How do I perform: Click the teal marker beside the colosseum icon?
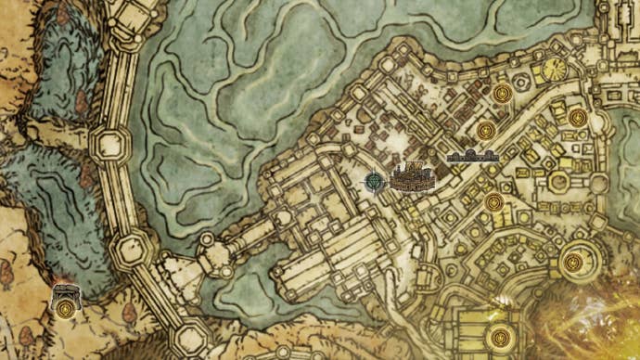pos(374,181)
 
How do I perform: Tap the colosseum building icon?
pos(410,176)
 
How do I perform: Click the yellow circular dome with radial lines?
pos(556,69)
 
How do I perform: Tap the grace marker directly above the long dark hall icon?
pos(484,128)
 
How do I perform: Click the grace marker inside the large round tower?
pos(574,263)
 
